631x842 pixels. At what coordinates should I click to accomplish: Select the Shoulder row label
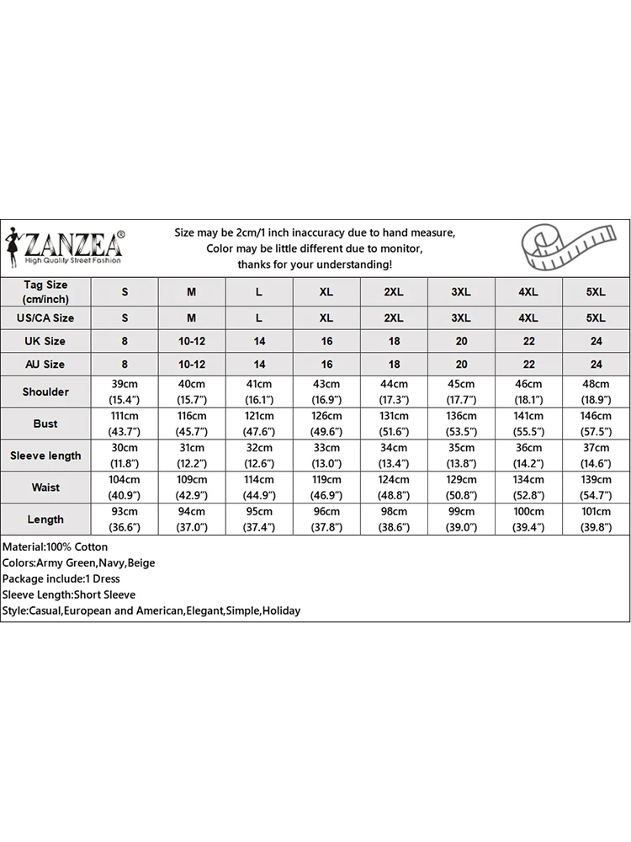[45, 392]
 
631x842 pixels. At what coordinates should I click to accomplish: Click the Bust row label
[45, 424]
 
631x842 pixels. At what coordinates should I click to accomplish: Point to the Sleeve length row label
[45, 456]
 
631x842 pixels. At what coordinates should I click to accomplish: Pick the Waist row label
[45, 488]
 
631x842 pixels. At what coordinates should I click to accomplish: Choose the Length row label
[45, 520]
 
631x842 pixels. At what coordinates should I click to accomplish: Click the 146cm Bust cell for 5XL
[596, 424]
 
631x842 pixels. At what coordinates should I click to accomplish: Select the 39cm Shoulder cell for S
[125, 392]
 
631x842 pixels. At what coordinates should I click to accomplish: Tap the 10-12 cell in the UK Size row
[192, 341]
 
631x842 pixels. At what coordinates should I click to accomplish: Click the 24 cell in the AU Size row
[596, 365]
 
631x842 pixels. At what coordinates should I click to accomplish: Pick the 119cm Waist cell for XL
[326, 488]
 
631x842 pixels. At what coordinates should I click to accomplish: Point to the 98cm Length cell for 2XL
[394, 520]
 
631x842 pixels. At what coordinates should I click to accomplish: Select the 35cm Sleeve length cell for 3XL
[461, 456]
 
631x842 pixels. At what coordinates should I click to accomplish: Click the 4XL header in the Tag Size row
[528, 291]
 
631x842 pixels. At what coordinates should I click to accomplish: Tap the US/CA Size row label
[45, 317]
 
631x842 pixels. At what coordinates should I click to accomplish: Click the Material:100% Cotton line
[56, 547]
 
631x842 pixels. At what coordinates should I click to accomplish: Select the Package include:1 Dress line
[61, 579]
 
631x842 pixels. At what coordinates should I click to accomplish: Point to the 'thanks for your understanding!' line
[315, 264]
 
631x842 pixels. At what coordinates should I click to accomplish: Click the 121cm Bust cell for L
[259, 424]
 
